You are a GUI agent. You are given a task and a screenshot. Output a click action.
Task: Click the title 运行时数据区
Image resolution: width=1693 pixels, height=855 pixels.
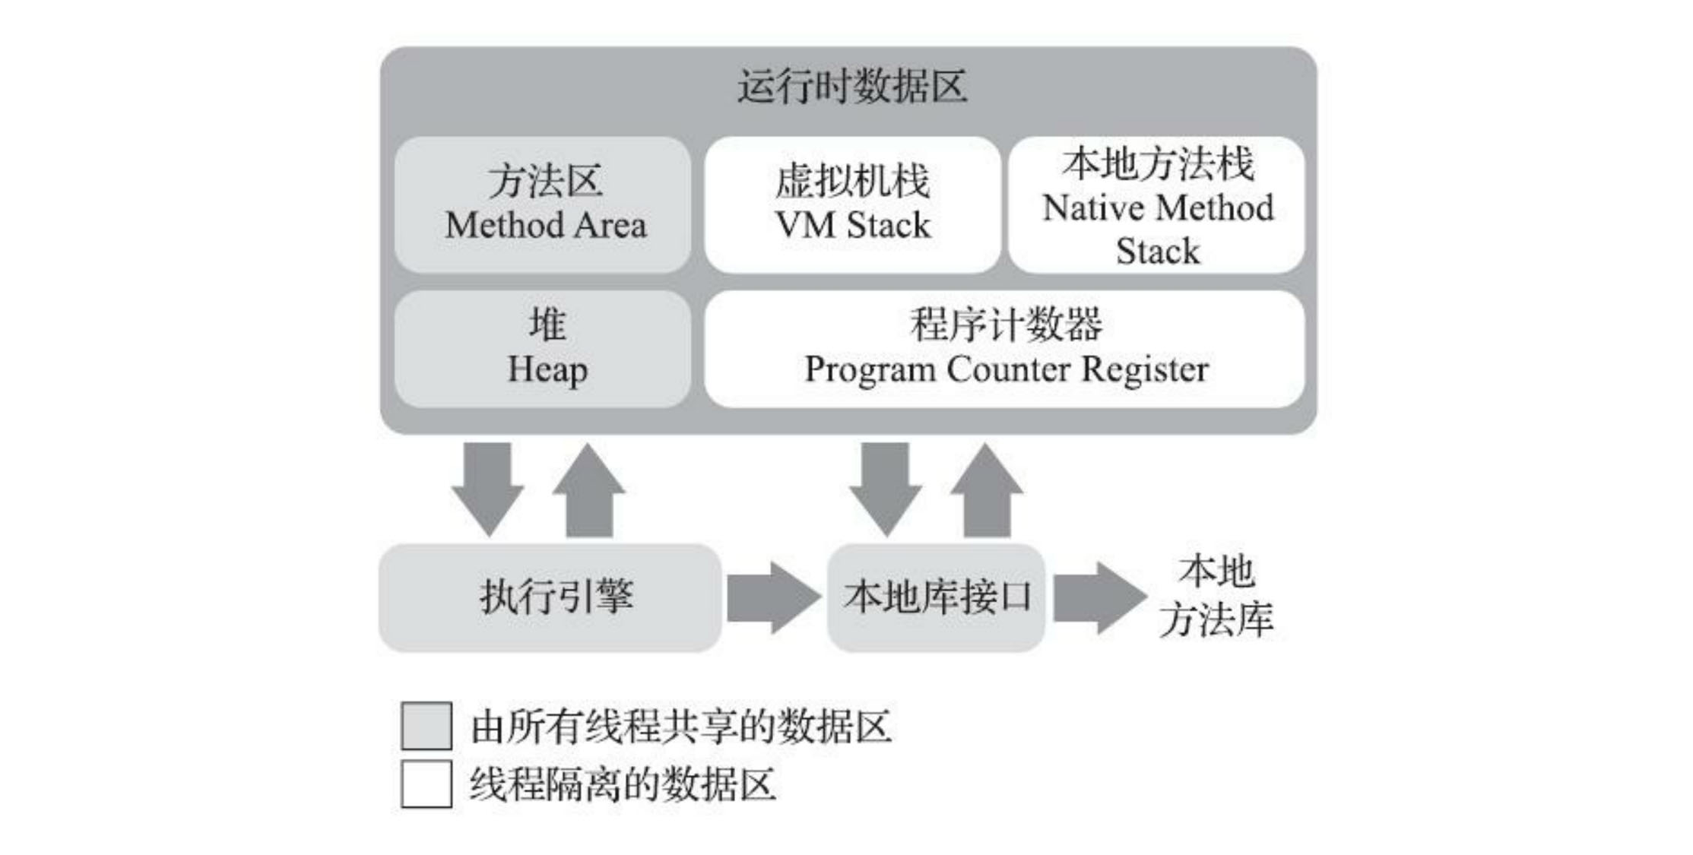[851, 86]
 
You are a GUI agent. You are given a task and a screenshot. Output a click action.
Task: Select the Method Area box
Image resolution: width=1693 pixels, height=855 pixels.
[544, 204]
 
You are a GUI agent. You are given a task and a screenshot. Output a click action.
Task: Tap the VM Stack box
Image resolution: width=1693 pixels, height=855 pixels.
[851, 204]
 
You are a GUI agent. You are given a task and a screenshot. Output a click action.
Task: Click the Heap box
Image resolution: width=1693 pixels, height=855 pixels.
[544, 348]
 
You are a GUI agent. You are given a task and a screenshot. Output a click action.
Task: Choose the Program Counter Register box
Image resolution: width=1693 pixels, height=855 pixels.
[1004, 348]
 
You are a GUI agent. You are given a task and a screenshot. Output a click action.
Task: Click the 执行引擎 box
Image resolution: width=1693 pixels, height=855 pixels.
[550, 597]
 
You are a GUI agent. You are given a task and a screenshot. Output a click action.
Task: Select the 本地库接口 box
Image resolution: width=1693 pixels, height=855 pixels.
[936, 597]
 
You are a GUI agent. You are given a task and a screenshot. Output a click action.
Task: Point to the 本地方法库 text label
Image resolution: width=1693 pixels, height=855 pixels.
[1216, 596]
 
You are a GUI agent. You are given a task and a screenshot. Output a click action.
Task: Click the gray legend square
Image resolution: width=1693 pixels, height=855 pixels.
[426, 726]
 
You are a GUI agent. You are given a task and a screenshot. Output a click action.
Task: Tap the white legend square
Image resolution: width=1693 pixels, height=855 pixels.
[426, 784]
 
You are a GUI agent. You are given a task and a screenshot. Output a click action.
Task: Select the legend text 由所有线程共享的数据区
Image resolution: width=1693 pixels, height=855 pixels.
[680, 727]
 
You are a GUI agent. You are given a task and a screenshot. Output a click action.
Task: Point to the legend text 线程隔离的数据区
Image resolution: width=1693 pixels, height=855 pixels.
[623, 784]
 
